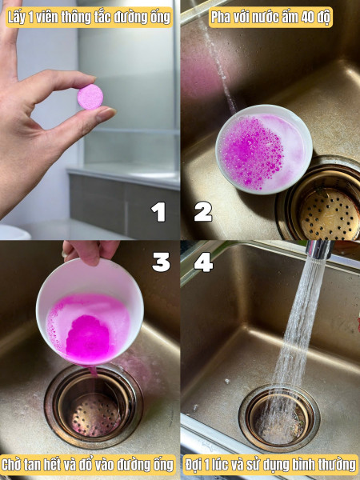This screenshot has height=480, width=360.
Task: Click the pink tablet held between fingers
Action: point(90,97)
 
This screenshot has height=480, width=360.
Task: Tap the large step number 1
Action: point(158,211)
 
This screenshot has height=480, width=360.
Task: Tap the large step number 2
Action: point(202,211)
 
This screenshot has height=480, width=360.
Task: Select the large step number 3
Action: point(161,262)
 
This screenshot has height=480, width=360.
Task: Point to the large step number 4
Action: point(203,262)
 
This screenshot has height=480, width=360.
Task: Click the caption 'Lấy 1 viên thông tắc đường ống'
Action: point(89,18)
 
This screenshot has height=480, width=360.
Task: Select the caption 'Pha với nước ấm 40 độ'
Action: point(270,18)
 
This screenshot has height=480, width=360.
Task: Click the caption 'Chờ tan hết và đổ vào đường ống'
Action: point(88,465)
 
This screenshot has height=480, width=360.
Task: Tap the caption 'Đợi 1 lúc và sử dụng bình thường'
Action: point(270,465)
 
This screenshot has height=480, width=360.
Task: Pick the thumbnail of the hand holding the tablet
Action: point(90,120)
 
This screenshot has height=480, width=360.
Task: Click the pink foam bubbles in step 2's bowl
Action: point(252,152)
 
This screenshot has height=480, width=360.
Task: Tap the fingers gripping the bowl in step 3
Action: point(90,251)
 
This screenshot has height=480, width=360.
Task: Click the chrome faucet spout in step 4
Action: point(319,249)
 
